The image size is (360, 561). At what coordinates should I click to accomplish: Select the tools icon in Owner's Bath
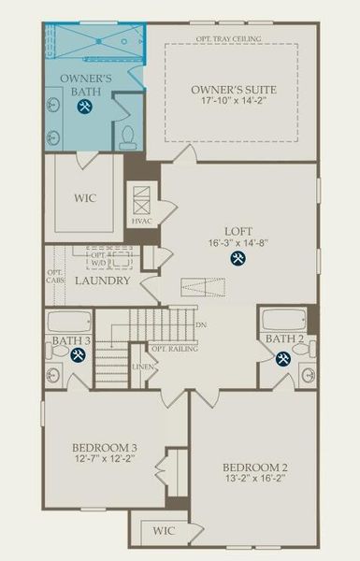pyautogui.click(x=84, y=107)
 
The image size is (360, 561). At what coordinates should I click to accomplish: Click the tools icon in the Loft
pyautogui.click(x=238, y=259)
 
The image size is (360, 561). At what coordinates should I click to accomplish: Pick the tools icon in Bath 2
pyautogui.click(x=283, y=357)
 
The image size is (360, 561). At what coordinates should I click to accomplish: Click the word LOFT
pyautogui.click(x=238, y=231)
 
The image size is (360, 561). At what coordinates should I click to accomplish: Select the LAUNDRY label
pyautogui.click(x=102, y=280)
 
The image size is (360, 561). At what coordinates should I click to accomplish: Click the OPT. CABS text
pyautogui.click(x=54, y=278)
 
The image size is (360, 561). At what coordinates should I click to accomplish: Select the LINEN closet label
pyautogui.click(x=143, y=367)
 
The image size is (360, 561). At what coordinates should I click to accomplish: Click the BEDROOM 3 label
pyautogui.click(x=106, y=448)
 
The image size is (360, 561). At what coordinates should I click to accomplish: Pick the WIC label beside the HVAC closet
pyautogui.click(x=83, y=198)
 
